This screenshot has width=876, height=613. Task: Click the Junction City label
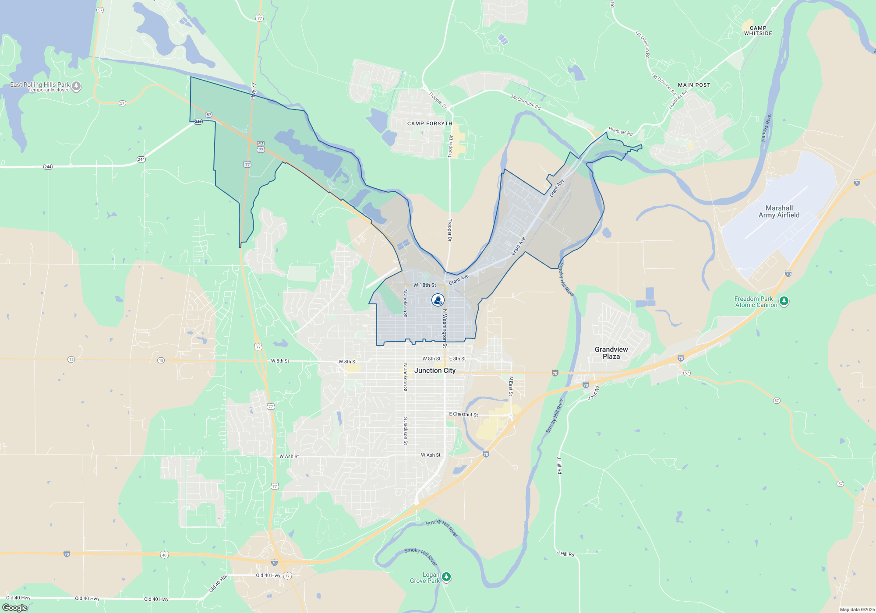(x=435, y=370)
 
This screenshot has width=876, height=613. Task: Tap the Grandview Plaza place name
(x=611, y=353)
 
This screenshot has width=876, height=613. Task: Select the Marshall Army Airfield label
(x=779, y=211)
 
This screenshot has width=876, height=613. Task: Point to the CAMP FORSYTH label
(x=430, y=123)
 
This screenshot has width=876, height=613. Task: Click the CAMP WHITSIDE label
(x=758, y=31)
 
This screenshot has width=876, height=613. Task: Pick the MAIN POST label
(x=694, y=85)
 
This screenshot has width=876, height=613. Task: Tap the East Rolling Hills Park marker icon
(x=76, y=86)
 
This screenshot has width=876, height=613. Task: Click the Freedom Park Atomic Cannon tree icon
(x=784, y=301)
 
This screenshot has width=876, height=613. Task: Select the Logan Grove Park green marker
(x=446, y=577)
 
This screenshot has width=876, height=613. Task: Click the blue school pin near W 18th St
(x=438, y=300)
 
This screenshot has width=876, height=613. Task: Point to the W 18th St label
(x=424, y=285)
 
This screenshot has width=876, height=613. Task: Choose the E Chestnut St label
(x=463, y=414)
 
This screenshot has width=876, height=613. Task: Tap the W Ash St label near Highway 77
(x=289, y=456)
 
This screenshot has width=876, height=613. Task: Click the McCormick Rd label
(x=526, y=102)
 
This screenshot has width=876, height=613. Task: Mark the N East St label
(x=511, y=386)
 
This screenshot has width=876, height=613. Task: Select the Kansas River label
(x=766, y=127)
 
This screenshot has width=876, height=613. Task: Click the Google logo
(x=15, y=607)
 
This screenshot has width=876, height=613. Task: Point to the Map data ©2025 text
(x=857, y=609)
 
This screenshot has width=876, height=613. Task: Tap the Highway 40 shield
(x=164, y=555)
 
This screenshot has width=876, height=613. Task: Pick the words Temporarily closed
(x=49, y=90)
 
